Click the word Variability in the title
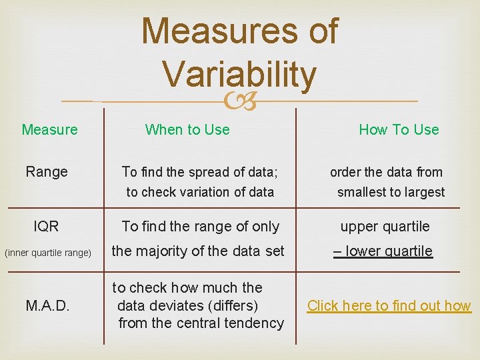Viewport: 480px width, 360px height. coord(239,75)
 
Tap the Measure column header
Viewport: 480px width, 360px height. coord(50,129)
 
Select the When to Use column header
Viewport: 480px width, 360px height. coord(187,129)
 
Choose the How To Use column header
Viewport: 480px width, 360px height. coord(399,129)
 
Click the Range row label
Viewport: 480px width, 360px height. coord(47,172)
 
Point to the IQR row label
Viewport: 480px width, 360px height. coord(47,227)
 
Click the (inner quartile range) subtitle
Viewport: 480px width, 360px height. coord(48,253)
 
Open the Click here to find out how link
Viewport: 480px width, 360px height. coord(389,306)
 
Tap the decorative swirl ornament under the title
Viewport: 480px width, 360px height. coord(240,102)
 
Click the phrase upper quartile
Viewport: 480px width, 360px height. coord(385,227)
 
